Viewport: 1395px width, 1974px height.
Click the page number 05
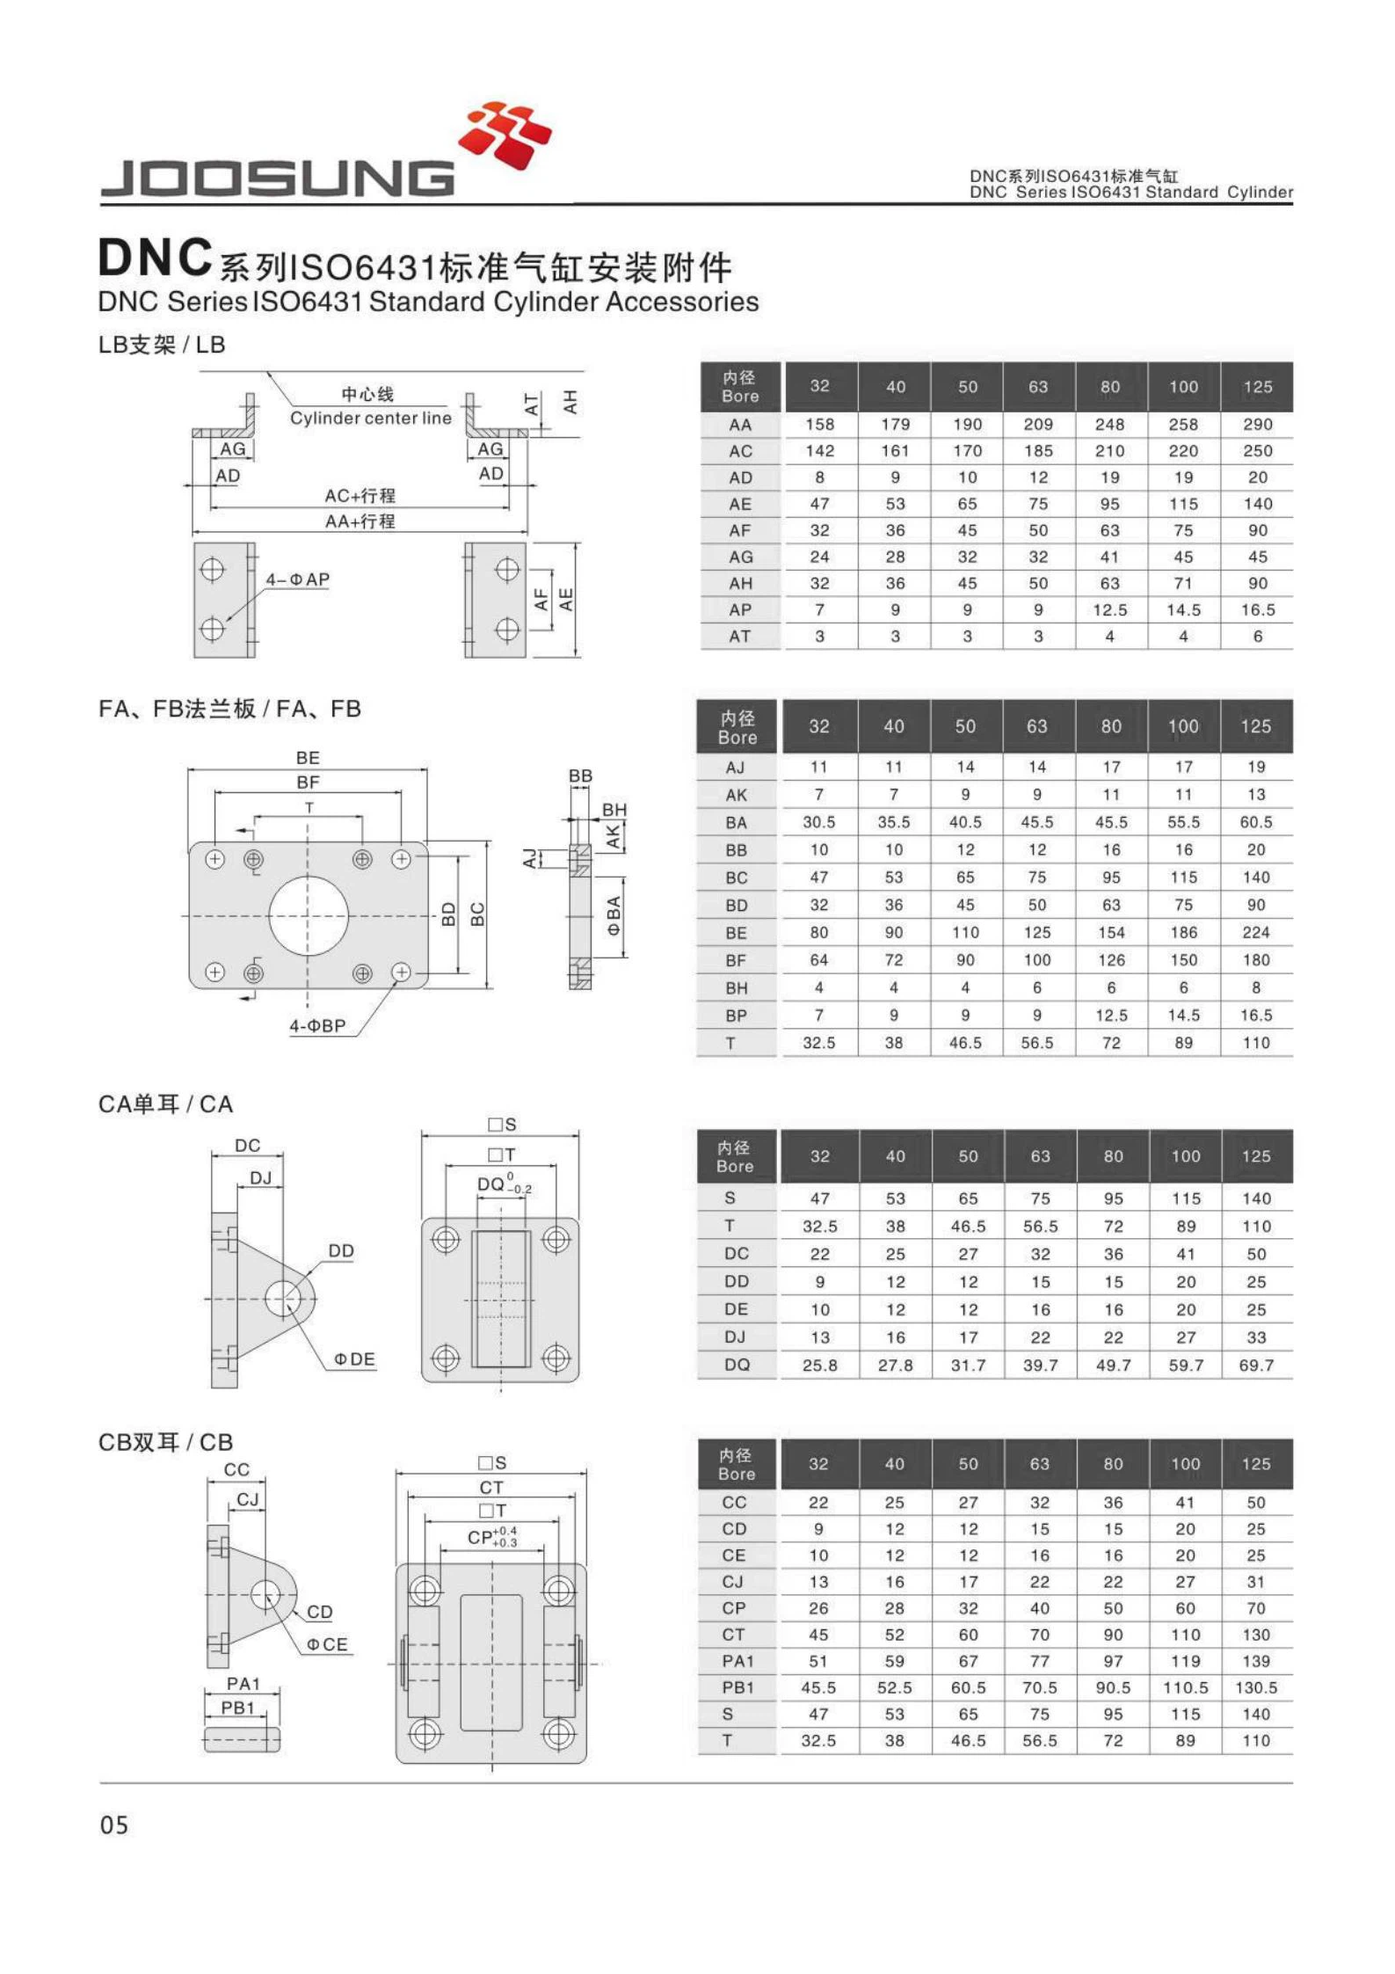(x=114, y=1825)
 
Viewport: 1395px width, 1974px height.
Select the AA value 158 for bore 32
(x=819, y=425)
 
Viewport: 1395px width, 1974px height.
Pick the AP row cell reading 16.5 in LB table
(x=1257, y=609)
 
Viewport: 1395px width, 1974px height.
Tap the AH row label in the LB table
(x=740, y=583)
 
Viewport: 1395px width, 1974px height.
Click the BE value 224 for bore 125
(x=1255, y=932)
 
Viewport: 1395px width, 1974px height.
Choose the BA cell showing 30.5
(x=818, y=822)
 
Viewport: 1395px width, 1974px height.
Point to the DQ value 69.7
(x=1255, y=1366)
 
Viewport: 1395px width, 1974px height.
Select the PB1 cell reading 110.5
(x=1185, y=1687)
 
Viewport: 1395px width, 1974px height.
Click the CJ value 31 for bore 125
(x=1255, y=1582)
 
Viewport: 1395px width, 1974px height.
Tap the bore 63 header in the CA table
(x=1040, y=1156)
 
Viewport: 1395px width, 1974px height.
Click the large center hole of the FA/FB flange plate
(x=308, y=915)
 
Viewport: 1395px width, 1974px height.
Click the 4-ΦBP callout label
(x=317, y=1025)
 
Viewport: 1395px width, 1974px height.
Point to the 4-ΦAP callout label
(x=297, y=579)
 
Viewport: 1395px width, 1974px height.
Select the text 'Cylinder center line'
(x=370, y=418)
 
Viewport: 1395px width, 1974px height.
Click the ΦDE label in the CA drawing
(x=353, y=1359)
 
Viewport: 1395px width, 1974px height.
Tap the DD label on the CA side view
(x=341, y=1250)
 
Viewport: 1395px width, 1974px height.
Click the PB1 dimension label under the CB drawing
(x=237, y=1708)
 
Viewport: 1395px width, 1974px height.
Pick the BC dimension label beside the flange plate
(x=477, y=914)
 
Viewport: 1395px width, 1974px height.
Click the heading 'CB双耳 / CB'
(x=165, y=1442)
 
